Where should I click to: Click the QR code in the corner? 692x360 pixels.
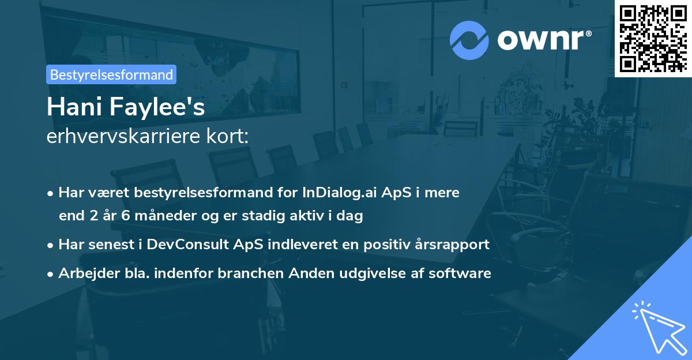[653, 39]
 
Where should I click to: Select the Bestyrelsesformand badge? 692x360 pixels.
[111, 74]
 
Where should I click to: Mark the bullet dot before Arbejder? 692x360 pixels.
[51, 273]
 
